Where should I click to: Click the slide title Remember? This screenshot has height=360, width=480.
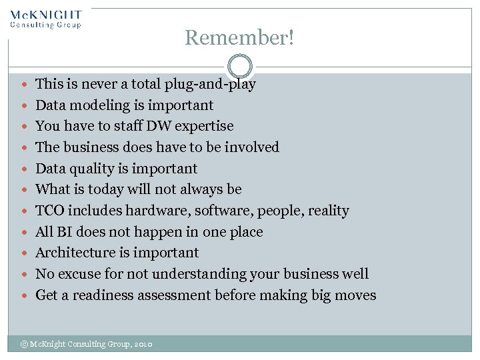coord(239,38)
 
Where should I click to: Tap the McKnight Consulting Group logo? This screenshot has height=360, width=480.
coord(46,19)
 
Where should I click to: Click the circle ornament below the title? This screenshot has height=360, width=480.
coord(240,67)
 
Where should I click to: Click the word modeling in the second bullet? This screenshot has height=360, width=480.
coord(95,105)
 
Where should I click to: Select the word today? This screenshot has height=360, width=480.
coord(113,189)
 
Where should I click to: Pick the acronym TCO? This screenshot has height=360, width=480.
coord(49,211)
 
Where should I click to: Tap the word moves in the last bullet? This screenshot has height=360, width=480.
coord(355,295)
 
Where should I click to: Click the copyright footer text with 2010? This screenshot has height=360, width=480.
coord(87,344)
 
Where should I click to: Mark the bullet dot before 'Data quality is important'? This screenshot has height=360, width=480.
coord(25,169)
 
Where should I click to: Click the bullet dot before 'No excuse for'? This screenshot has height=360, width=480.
coord(25,274)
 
